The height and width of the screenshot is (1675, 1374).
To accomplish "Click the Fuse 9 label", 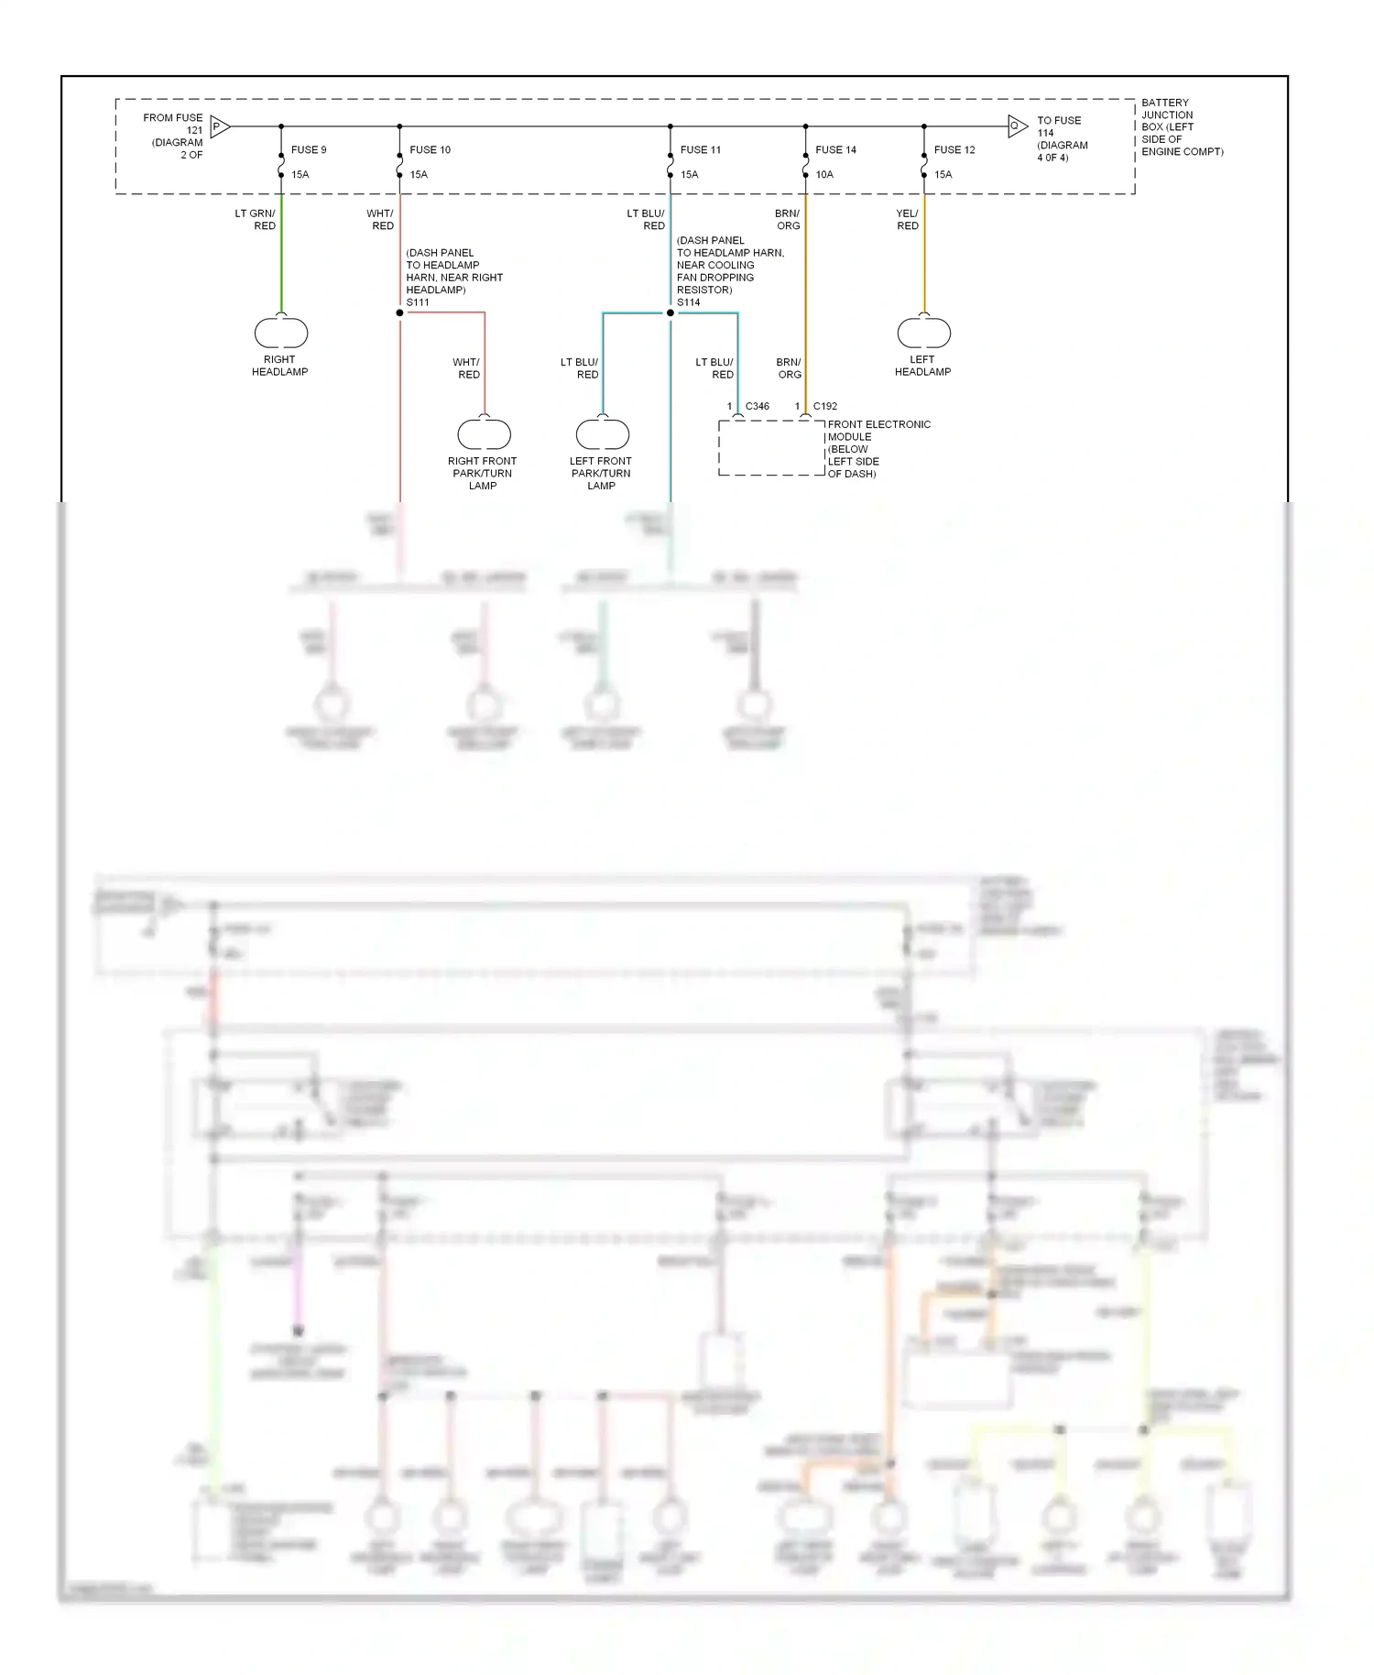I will pyautogui.click(x=309, y=149).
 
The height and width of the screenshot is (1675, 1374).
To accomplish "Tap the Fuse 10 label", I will pyautogui.click(x=430, y=149).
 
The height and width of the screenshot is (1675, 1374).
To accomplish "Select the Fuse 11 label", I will pyautogui.click(x=701, y=149).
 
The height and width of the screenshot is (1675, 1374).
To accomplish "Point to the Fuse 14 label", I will pyautogui.click(x=835, y=149).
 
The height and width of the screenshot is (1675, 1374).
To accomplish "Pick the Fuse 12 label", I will pyautogui.click(x=954, y=149).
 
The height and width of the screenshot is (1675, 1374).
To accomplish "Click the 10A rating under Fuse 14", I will pyautogui.click(x=824, y=174).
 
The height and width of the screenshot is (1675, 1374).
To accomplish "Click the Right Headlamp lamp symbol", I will pyautogui.click(x=281, y=333).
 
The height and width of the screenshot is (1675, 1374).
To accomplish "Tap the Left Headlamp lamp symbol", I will pyautogui.click(x=924, y=333).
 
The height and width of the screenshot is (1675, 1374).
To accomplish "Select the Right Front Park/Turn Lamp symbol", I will pyautogui.click(x=485, y=433).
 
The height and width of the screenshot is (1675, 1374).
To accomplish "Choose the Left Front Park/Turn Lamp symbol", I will pyautogui.click(x=602, y=433).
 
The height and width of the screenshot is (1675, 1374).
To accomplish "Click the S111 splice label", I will pyautogui.click(x=418, y=302).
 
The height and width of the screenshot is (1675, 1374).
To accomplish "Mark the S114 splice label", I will pyautogui.click(x=688, y=302).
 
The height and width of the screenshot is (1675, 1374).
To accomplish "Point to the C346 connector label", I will pyautogui.click(x=758, y=406).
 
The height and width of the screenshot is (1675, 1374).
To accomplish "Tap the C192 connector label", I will pyautogui.click(x=824, y=406).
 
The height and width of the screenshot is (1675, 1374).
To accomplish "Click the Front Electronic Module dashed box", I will pyautogui.click(x=771, y=448).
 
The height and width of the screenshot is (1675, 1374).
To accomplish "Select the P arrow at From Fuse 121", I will pyautogui.click(x=219, y=126).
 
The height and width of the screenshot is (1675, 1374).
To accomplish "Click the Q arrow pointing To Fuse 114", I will pyautogui.click(x=1017, y=126).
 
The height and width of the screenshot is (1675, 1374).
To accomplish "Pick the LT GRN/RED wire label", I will pyautogui.click(x=256, y=219).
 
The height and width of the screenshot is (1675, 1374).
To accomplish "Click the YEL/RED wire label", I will pyautogui.click(x=907, y=219).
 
